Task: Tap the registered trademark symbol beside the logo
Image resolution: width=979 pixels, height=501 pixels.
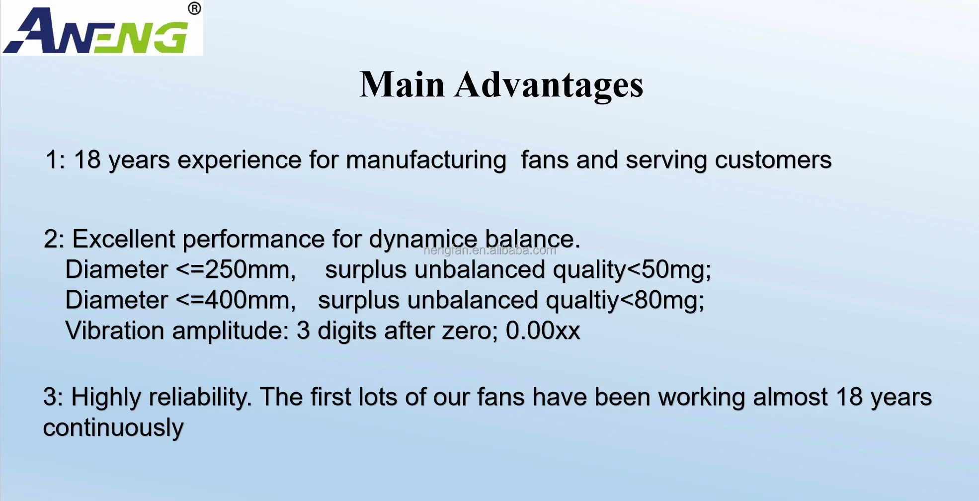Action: [x=194, y=8]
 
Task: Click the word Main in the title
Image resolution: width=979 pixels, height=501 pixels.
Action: [x=402, y=84]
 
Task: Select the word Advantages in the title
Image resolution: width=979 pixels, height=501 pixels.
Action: [x=549, y=85]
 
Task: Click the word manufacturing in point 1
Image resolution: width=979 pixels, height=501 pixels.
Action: [x=426, y=161]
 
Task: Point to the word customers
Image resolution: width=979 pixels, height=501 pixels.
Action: [x=773, y=160]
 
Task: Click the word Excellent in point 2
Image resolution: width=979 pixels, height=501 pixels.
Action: [x=124, y=239]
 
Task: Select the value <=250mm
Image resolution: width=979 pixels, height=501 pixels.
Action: [x=236, y=270]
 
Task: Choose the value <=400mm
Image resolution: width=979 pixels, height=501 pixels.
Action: [x=236, y=300]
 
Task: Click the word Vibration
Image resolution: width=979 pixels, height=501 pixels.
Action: [x=115, y=331]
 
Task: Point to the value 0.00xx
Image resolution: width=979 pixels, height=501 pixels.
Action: [x=543, y=331]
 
